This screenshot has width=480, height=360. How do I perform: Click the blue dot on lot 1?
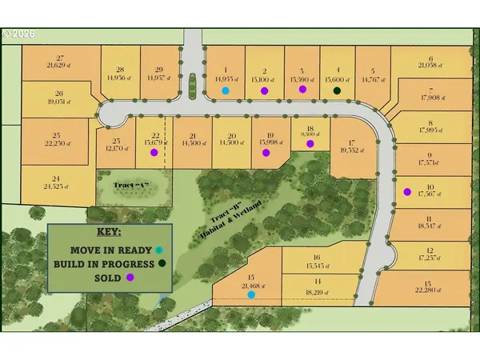coord(226,90)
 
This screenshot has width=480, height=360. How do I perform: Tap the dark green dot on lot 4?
coord(338,90)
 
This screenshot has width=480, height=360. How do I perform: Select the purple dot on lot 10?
coord(407,191)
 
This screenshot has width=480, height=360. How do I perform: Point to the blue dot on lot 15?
coord(251,294)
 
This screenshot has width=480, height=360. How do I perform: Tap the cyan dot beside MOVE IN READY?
coord(160,249)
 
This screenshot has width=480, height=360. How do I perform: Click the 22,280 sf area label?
coord(429,289)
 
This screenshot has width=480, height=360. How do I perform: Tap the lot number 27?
coord(54,58)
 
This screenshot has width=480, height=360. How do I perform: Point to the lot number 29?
coord(159,70)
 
